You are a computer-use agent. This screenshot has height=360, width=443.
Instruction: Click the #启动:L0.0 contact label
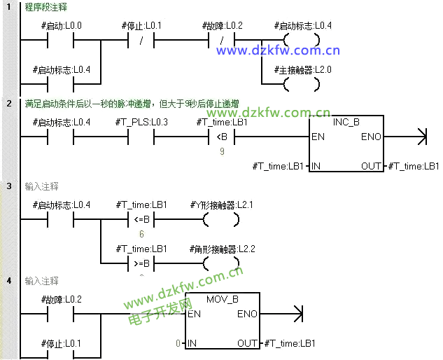coord(62,26)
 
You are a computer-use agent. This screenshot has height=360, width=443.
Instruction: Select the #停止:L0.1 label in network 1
coord(141,26)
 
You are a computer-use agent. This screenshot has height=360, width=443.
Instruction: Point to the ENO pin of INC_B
coord(371,137)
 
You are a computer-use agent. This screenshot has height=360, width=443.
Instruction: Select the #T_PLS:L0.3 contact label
coord(141,123)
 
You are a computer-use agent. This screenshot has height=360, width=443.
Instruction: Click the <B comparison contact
coord(222,137)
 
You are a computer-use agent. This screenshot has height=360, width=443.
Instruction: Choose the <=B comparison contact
coord(141,219)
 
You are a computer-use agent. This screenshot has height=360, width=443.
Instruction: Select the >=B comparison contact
coord(141,263)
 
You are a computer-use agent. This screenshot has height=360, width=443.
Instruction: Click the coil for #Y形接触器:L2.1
coord(221,219)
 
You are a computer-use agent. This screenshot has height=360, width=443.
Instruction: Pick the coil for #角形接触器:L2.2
coord(221,263)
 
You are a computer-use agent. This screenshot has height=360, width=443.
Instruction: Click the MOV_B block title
coord(223,299)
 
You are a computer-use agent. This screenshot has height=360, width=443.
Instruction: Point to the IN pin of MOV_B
coord(192,343)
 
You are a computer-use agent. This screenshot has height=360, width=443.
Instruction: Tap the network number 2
coord(9,104)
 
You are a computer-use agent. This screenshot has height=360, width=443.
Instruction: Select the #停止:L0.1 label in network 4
coord(62,343)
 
